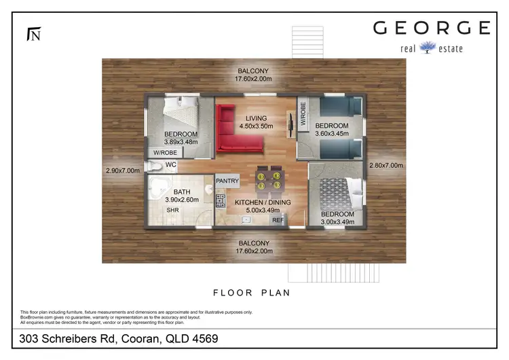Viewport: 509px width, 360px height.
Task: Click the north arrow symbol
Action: pyautogui.click(x=33, y=33)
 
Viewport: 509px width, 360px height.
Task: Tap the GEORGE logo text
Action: pyautogui.click(x=431, y=28)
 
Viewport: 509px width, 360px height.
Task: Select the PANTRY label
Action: pyautogui.click(x=226, y=181)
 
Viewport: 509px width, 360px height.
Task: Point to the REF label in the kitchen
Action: pyautogui.click(x=278, y=220)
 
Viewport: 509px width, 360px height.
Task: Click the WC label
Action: pyautogui.click(x=171, y=165)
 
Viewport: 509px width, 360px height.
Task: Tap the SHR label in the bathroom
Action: pyautogui.click(x=173, y=211)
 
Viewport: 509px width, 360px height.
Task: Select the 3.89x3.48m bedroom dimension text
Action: pyautogui.click(x=181, y=142)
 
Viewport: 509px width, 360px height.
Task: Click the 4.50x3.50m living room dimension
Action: pyautogui.click(x=256, y=126)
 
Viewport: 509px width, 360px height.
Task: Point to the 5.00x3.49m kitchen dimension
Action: pyautogui.click(x=262, y=211)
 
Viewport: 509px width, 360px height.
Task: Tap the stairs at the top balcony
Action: pyautogui.click(x=308, y=42)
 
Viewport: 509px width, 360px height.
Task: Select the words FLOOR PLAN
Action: pyautogui.click(x=251, y=293)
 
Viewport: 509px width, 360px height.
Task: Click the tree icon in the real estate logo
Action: pyautogui.click(x=428, y=47)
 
